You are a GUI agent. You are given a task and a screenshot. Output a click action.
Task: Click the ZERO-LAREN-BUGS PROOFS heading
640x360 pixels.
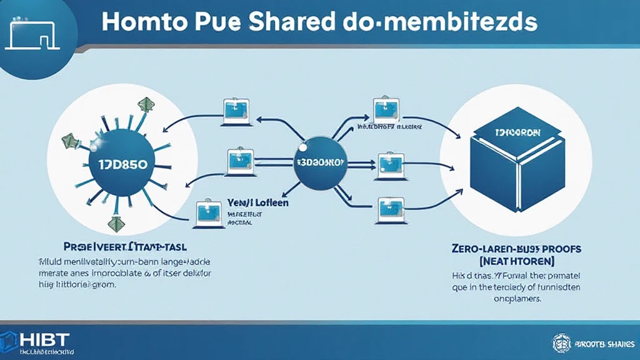516,249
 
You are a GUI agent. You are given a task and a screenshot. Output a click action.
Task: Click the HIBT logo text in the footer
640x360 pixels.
42,339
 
